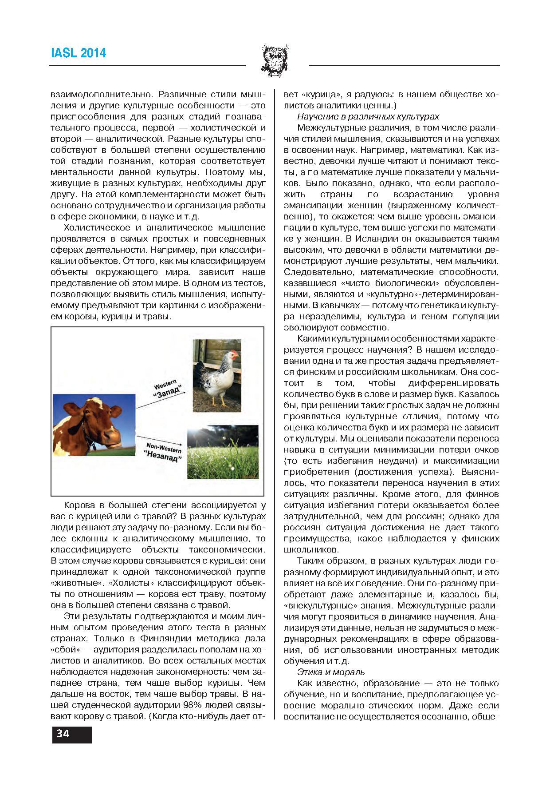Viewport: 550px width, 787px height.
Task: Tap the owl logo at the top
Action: click(275, 60)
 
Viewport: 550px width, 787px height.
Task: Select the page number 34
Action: click(63, 734)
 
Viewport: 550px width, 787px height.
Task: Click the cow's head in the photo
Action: click(89, 424)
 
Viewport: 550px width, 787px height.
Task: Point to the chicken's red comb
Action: click(234, 352)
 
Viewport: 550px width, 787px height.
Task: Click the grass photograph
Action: click(223, 452)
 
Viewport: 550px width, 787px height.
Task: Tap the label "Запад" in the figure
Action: click(168, 392)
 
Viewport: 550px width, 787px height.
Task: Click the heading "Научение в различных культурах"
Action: click(368, 117)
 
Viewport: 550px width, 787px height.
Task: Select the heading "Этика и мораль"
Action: click(331, 672)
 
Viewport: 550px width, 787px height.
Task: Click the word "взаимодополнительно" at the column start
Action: click(102, 95)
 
